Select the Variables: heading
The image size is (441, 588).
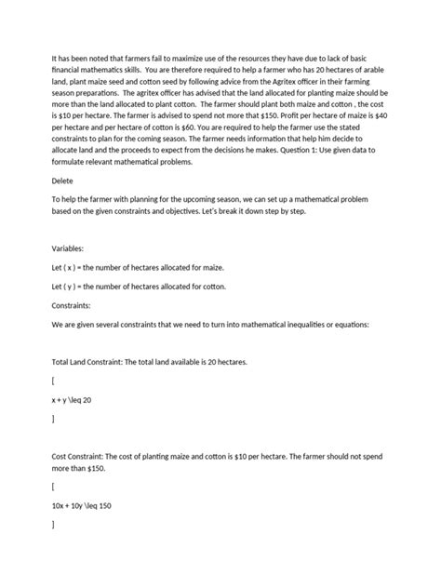tap(69, 249)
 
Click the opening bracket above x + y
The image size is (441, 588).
tap(53, 381)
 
